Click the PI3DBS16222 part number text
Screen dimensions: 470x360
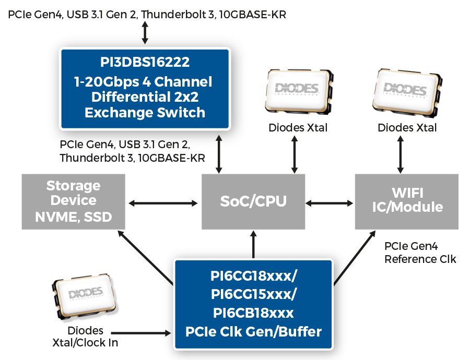[145, 62]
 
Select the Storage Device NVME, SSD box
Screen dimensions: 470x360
[74, 201]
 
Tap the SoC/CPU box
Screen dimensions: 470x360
[253, 201]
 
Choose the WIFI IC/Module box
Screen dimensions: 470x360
[407, 201]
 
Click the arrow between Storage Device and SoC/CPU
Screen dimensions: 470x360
[163, 203]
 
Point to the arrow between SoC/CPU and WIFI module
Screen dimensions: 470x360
[330, 203]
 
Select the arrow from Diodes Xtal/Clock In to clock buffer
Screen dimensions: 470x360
[141, 333]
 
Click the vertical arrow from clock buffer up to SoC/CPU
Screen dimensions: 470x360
[254, 244]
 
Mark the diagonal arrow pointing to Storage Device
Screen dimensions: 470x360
[146, 258]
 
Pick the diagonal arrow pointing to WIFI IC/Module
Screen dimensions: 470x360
[355, 258]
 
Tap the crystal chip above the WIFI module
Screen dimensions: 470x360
[407, 92]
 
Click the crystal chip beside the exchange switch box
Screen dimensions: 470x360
[299, 91]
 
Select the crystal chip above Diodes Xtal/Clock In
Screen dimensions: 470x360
[84, 296]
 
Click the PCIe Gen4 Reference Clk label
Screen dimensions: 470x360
[420, 253]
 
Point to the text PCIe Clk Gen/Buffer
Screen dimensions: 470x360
[254, 331]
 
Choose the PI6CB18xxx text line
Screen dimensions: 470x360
[254, 313]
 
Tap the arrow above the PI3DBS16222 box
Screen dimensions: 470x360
[145, 33]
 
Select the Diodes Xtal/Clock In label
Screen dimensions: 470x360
[85, 337]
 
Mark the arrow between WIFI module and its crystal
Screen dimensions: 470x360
[400, 154]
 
